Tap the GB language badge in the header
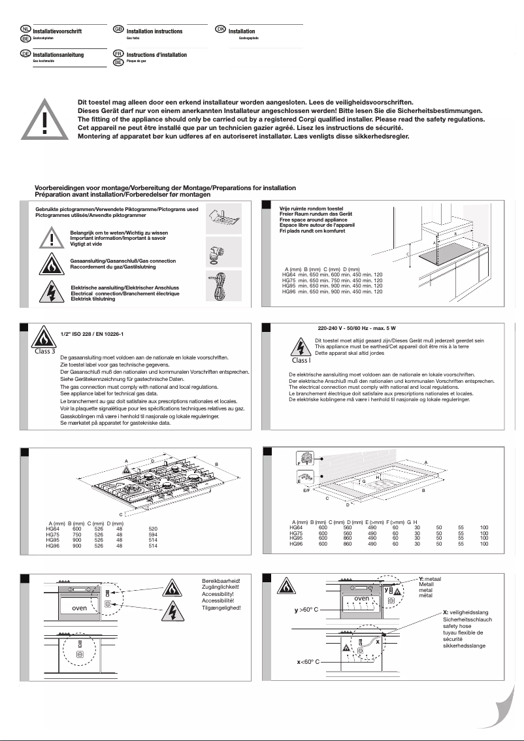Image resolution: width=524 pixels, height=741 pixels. click(118, 30)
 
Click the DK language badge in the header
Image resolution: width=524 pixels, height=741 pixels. click(220, 30)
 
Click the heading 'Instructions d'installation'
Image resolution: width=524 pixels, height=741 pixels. click(156, 55)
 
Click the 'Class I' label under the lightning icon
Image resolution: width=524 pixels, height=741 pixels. click(301, 360)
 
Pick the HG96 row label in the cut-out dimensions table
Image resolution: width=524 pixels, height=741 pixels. click(296, 544)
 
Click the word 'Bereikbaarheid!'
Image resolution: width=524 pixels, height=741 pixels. click(221, 580)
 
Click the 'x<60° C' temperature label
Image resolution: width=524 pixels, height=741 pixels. click(306, 662)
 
